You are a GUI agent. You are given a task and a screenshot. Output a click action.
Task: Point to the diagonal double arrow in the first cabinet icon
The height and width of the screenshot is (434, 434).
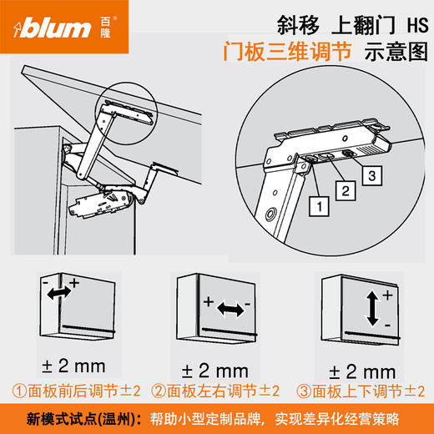pos(59,294)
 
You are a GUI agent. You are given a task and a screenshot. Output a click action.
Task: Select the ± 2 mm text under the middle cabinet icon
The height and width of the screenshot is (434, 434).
pos(214,368)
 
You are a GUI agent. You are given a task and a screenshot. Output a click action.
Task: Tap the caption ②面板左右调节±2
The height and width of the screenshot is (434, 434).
pos(216,390)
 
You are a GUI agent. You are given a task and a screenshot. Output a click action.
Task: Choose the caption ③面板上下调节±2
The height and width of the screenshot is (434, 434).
pos(359,390)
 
